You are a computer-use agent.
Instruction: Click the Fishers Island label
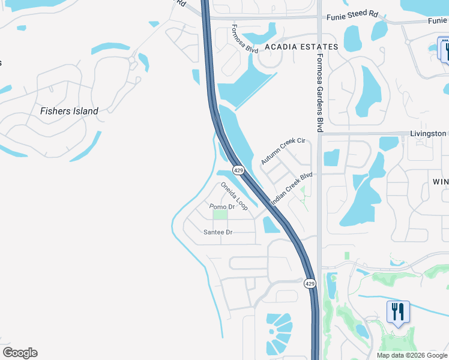tap(69, 111)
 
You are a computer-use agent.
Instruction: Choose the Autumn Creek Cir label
tap(283, 151)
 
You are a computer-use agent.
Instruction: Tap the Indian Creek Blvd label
tap(292, 190)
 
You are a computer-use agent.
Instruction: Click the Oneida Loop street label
tap(234, 196)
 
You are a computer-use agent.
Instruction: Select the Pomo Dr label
tap(221, 207)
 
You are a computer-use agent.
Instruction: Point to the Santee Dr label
tap(218, 232)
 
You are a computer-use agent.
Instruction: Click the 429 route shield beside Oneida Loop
tap(239, 170)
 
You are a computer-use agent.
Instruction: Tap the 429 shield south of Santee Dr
tap(310, 283)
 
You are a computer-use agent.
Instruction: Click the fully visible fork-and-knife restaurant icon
tap(397, 313)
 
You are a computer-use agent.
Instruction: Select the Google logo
tap(20, 353)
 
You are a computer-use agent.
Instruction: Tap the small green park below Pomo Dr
tap(221, 214)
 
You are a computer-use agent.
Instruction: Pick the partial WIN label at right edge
tap(441, 181)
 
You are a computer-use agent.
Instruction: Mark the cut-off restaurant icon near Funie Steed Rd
tap(445, 49)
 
